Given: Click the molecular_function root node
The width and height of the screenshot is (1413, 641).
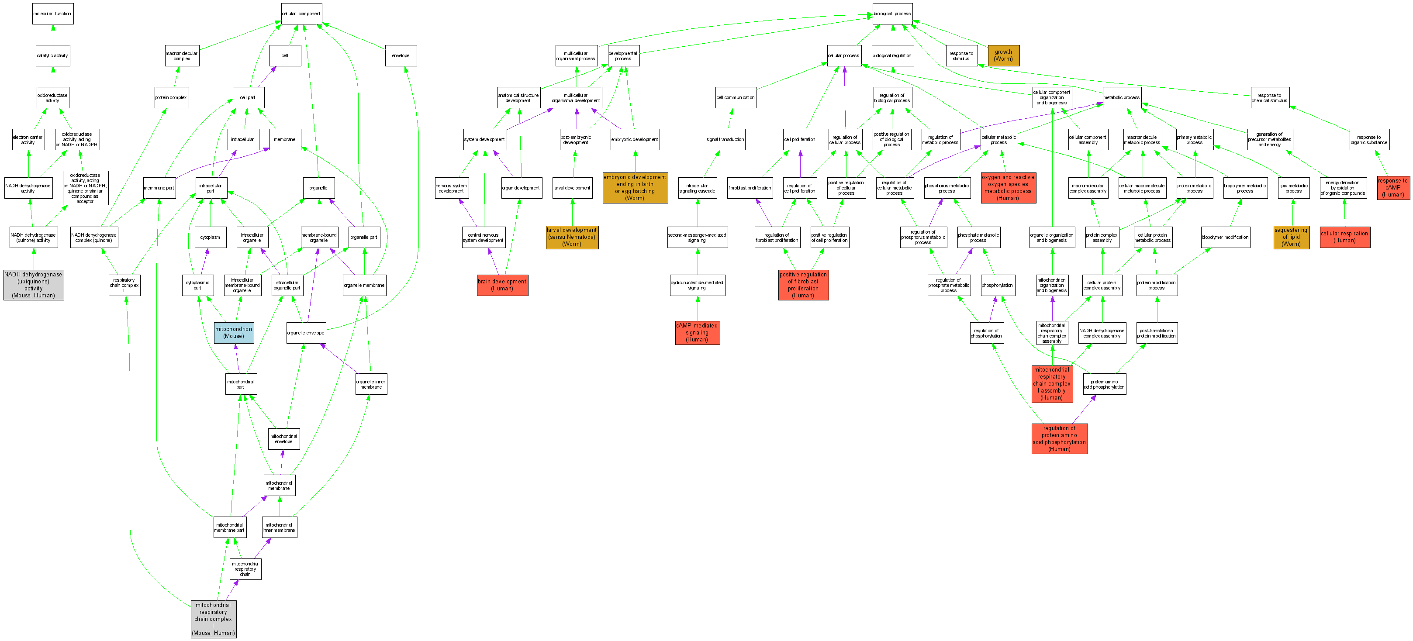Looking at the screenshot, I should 53,14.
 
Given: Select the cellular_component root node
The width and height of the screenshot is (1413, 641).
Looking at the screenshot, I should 301,14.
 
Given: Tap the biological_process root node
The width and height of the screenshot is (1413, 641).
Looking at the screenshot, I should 892,14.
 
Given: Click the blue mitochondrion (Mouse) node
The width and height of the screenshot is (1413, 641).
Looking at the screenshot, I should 234,333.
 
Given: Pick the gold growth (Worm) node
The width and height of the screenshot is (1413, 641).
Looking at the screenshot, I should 1003,55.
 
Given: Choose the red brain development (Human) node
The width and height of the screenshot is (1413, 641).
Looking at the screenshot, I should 502,285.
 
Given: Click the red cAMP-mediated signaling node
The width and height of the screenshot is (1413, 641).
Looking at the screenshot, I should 697,333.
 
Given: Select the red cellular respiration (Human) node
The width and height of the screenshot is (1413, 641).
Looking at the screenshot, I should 1344,237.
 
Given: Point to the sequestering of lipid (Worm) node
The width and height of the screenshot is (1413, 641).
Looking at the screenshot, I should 1291,237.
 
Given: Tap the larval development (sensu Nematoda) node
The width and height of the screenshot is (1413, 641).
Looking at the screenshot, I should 572,237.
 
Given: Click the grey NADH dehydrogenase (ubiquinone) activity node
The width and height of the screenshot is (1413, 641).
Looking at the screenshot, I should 34,285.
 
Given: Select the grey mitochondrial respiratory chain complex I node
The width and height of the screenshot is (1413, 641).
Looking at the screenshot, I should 214,619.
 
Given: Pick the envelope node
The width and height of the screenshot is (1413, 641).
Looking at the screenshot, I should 401,55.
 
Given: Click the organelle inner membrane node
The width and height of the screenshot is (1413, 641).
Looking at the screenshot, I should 371,384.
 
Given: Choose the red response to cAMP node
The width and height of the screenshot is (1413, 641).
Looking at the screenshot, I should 1393,187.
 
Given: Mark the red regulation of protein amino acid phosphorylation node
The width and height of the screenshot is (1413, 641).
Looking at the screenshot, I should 1059,439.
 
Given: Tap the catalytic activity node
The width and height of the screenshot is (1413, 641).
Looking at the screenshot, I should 53,55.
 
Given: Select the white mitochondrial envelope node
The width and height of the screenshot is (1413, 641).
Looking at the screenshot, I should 283,439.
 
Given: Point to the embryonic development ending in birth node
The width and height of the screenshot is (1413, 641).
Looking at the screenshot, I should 635,187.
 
